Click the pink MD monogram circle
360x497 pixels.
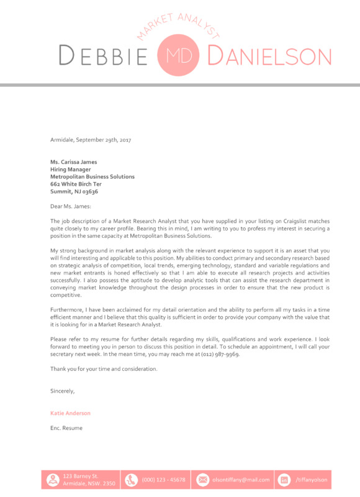[180, 55]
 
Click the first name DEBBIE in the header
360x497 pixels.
[104, 56]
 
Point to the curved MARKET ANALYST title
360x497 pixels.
[179, 23]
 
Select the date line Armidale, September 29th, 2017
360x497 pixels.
[91, 140]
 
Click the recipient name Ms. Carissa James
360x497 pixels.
[73, 162]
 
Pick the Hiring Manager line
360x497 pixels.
[70, 170]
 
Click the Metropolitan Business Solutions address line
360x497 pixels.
[92, 177]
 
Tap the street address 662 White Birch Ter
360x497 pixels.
[76, 185]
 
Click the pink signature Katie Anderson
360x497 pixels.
[70, 413]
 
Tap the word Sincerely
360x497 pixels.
[62, 391]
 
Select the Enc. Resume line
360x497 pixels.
[66, 428]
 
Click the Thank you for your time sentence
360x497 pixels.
[104, 369]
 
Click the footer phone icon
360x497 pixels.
[131, 480]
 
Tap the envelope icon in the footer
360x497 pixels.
[202, 480]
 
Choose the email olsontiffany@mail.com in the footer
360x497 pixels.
[241, 480]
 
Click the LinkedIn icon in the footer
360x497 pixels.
[285, 480]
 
